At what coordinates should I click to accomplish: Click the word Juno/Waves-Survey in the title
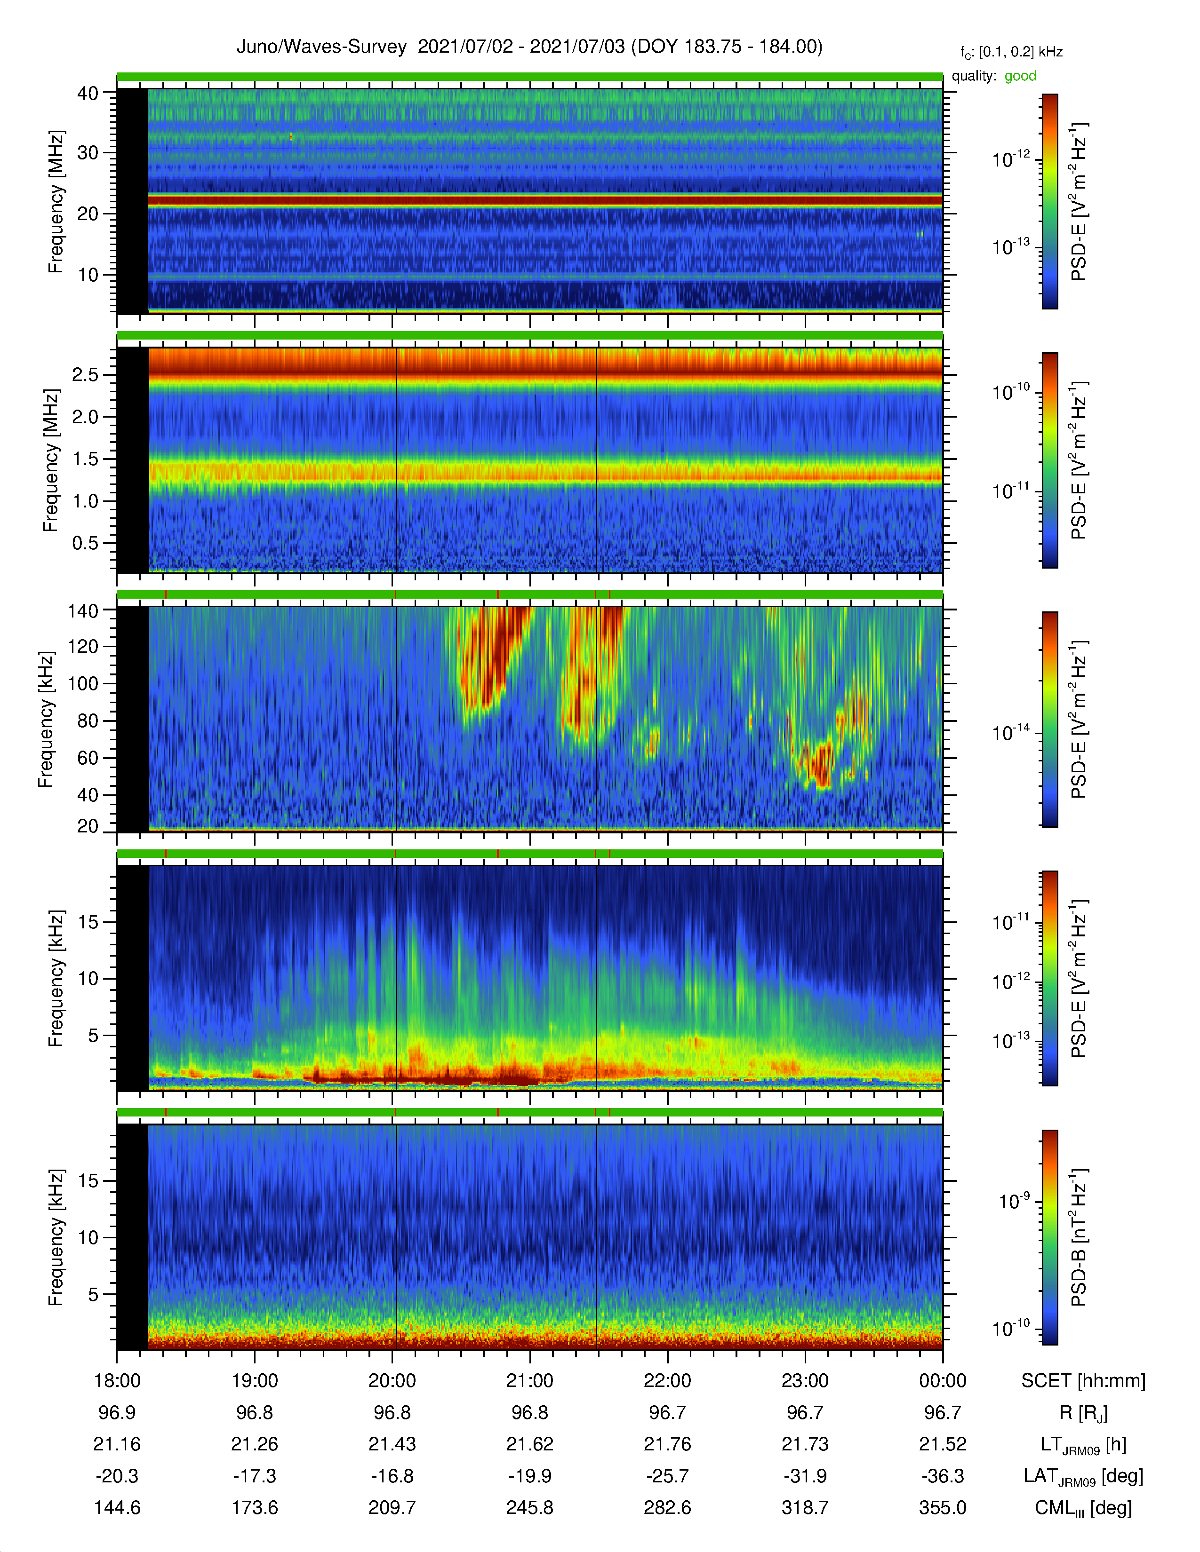[x=321, y=47]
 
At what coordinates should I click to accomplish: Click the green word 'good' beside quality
[x=1020, y=76]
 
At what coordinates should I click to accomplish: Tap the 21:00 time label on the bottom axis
[x=529, y=1381]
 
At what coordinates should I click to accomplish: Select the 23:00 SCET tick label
[x=805, y=1381]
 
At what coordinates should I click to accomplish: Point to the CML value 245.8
[x=529, y=1507]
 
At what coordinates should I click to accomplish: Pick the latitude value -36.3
[x=943, y=1476]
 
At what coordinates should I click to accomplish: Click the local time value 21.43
[x=392, y=1444]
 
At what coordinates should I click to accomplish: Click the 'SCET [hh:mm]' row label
[x=1083, y=1381]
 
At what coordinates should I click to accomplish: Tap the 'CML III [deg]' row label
[x=1083, y=1508]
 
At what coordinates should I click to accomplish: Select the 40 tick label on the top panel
[x=88, y=93]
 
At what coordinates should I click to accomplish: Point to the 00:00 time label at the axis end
[x=943, y=1381]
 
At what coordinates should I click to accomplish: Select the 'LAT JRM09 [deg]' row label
[x=1083, y=1477]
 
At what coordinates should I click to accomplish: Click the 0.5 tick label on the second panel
[x=85, y=543]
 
